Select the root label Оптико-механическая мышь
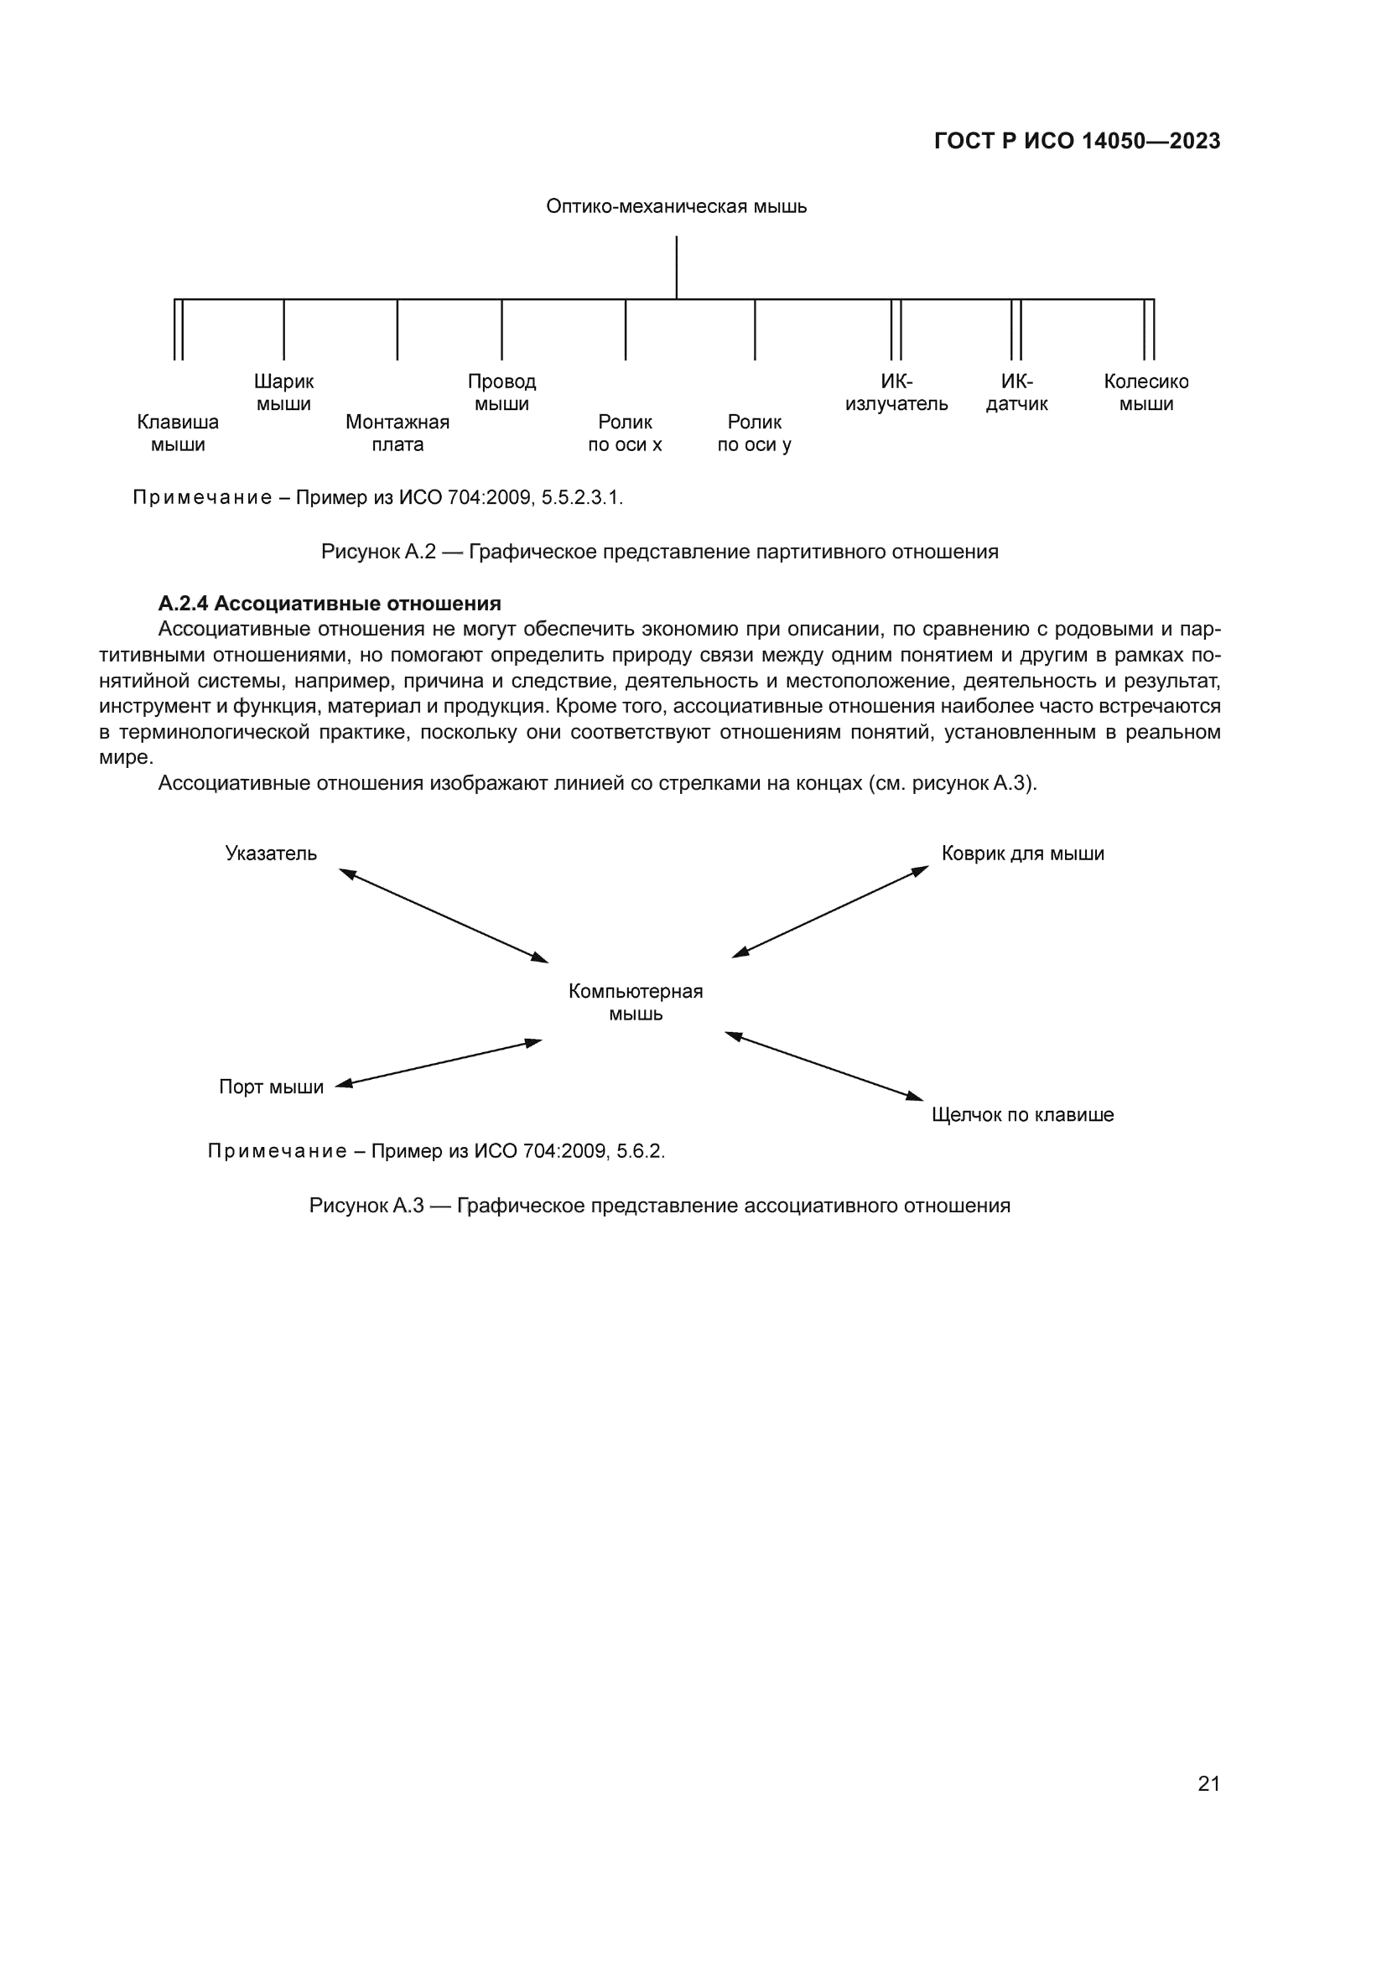(677, 207)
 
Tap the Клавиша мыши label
(178, 433)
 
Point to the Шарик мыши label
(283, 392)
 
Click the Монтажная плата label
(397, 433)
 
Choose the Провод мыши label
(501, 392)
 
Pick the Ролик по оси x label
(626, 433)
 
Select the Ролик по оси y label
(755, 433)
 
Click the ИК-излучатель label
(896, 392)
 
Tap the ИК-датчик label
(1016, 392)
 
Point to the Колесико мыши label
(1146, 392)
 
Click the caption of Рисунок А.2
(659, 552)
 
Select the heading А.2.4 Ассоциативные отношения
(330, 604)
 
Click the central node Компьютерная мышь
(636, 1002)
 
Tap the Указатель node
(271, 853)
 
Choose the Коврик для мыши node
(1022, 853)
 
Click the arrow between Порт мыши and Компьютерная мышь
(438, 1062)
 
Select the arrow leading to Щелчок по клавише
(824, 1066)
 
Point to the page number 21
(1208, 1783)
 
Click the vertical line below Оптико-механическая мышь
(677, 267)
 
